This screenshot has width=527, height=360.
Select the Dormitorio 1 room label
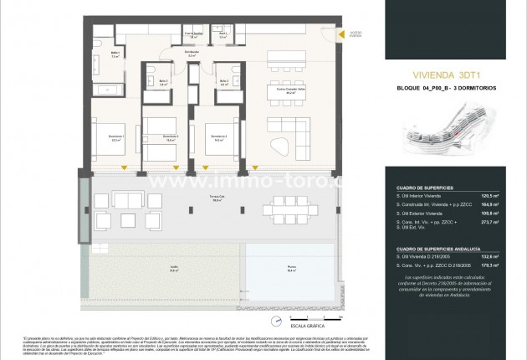[116, 139]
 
